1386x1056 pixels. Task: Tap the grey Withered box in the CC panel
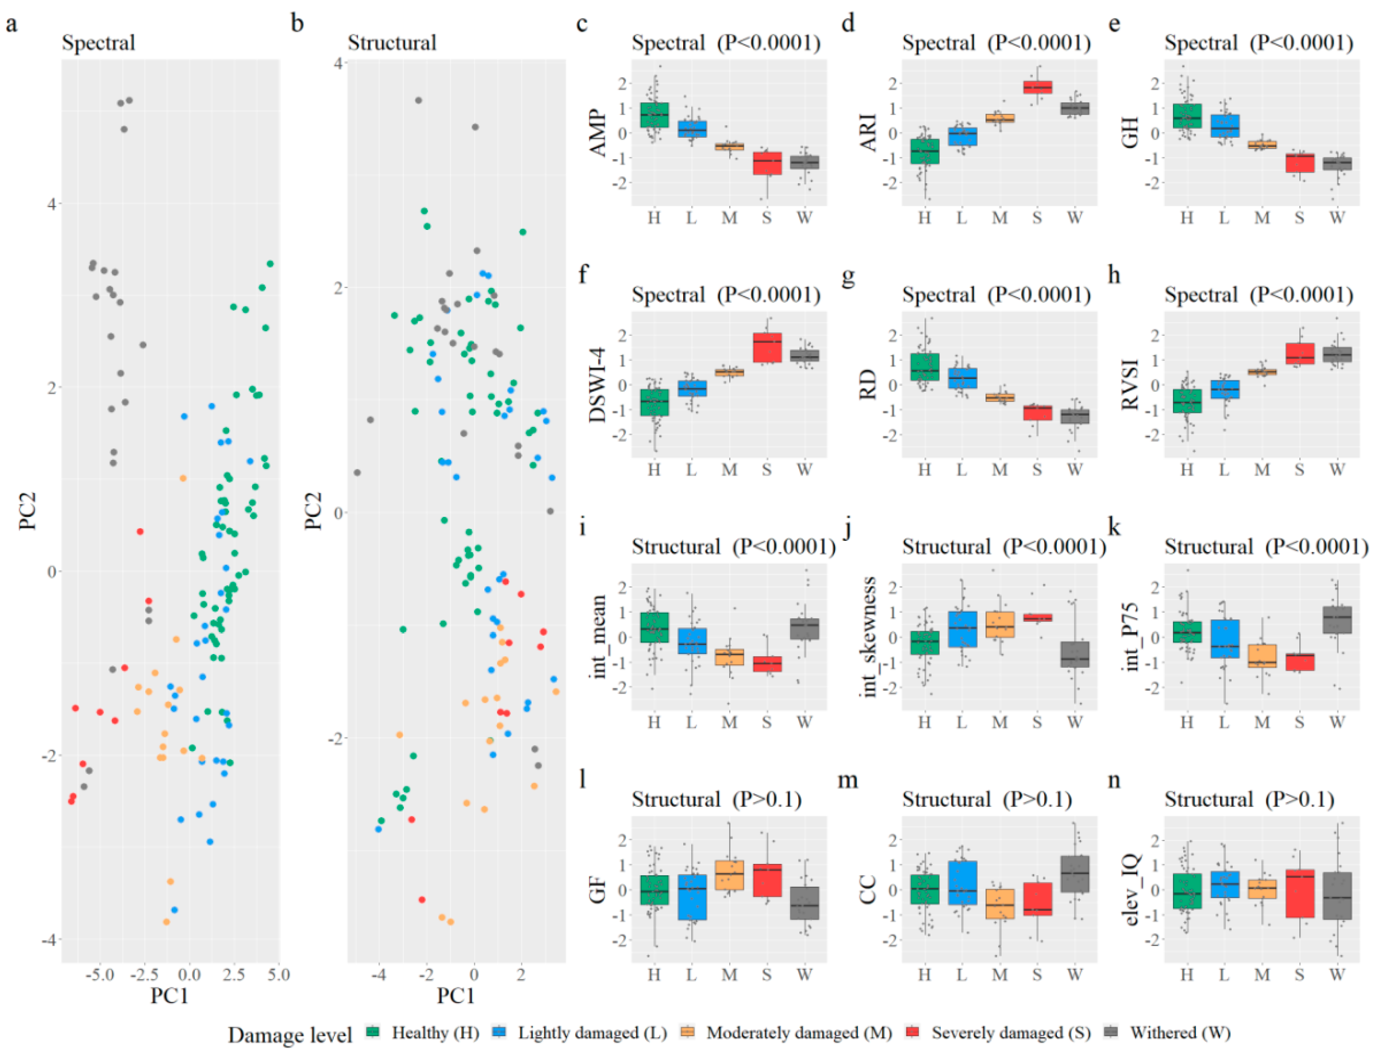pyautogui.click(x=1075, y=874)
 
